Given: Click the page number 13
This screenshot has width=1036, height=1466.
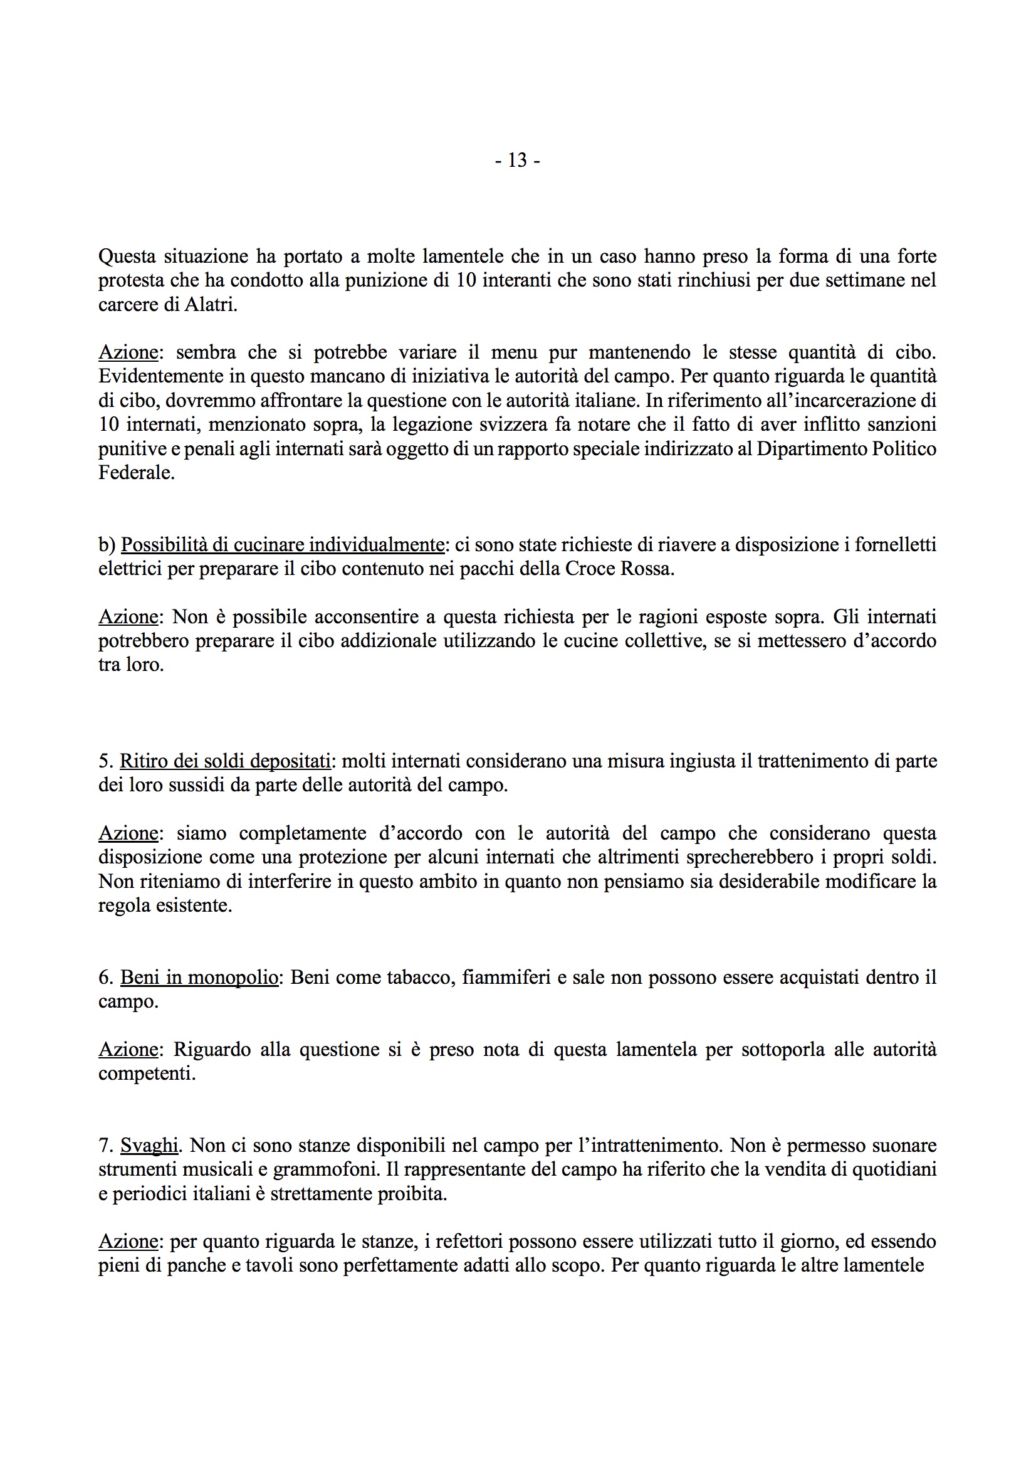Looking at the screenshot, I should coord(517,161).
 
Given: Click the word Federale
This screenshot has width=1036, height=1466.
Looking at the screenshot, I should coord(136,473).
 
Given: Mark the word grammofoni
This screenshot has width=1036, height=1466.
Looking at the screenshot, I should coord(327,1170).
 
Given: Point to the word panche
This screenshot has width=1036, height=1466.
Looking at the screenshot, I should coord(194,1265).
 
